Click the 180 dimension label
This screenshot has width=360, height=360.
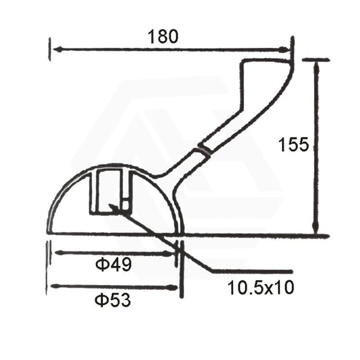tap(164, 36)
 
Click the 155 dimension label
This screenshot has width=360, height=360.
tap(293, 145)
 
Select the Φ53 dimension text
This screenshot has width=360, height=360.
tap(112, 299)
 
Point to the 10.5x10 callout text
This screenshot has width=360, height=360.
tap(261, 287)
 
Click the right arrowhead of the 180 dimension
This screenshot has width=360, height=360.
tap(284, 50)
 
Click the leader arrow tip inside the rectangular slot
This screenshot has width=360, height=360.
tap(111, 206)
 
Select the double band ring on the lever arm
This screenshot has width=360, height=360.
tap(205, 151)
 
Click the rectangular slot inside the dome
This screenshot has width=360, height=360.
tap(110, 191)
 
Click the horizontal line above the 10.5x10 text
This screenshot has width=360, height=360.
tap(252, 271)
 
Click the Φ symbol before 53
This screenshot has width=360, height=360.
tap(101, 299)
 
